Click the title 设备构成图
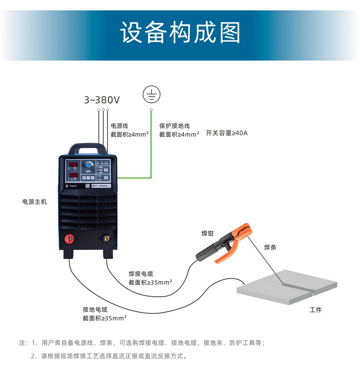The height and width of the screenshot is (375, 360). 180,34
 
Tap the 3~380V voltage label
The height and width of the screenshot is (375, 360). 102,100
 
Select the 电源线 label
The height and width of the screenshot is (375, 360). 120,126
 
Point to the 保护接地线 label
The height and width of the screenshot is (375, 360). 175,126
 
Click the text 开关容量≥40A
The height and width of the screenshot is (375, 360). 227,133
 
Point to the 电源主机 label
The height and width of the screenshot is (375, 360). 35,202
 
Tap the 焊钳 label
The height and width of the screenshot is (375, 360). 207,233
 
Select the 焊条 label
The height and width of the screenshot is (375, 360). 270,247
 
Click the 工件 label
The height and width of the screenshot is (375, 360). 316,310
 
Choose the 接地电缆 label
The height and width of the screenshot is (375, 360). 95,309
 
